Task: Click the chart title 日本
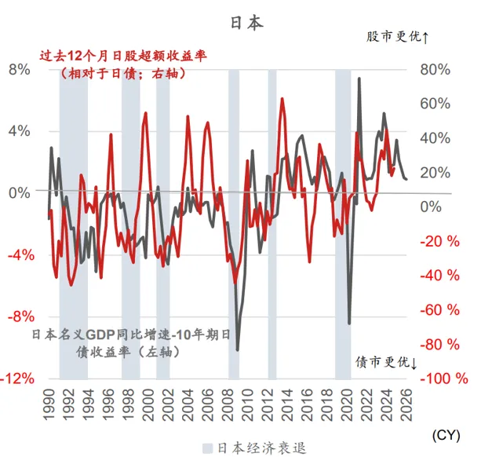(x=246, y=23)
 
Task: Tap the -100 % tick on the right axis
(x=444, y=378)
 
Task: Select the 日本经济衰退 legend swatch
(x=207, y=448)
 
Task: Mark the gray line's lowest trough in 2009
(x=238, y=349)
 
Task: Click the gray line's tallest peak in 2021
(x=359, y=79)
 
